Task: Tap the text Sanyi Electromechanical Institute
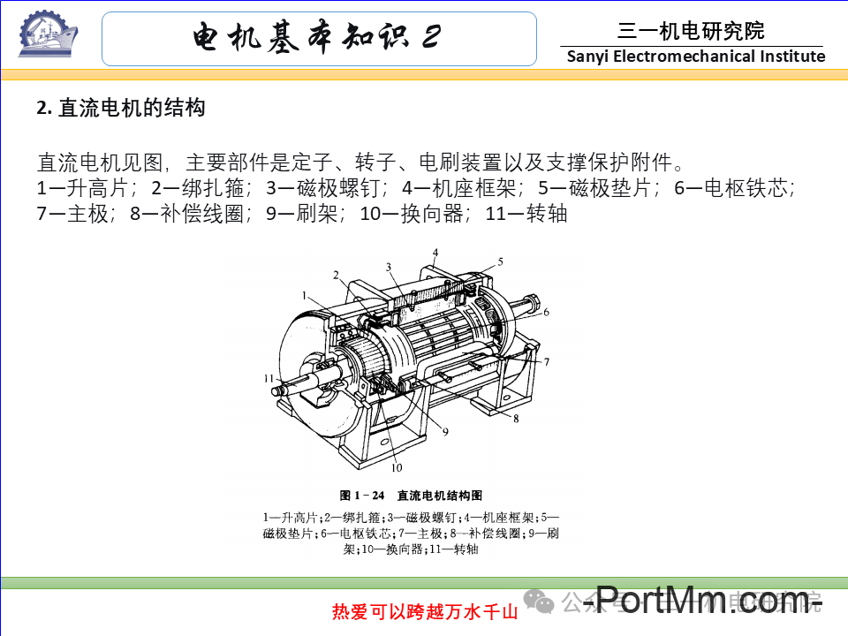(x=695, y=57)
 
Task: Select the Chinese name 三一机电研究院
(x=691, y=32)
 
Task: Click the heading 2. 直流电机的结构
(x=121, y=109)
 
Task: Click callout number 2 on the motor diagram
(x=336, y=275)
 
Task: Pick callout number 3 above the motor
(x=387, y=266)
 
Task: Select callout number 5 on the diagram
(x=499, y=261)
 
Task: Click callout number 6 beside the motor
(x=546, y=312)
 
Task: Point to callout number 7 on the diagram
(x=547, y=361)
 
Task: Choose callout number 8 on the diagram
(x=515, y=417)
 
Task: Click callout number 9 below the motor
(x=445, y=431)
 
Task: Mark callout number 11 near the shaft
(x=268, y=377)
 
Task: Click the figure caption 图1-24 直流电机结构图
(x=411, y=496)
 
